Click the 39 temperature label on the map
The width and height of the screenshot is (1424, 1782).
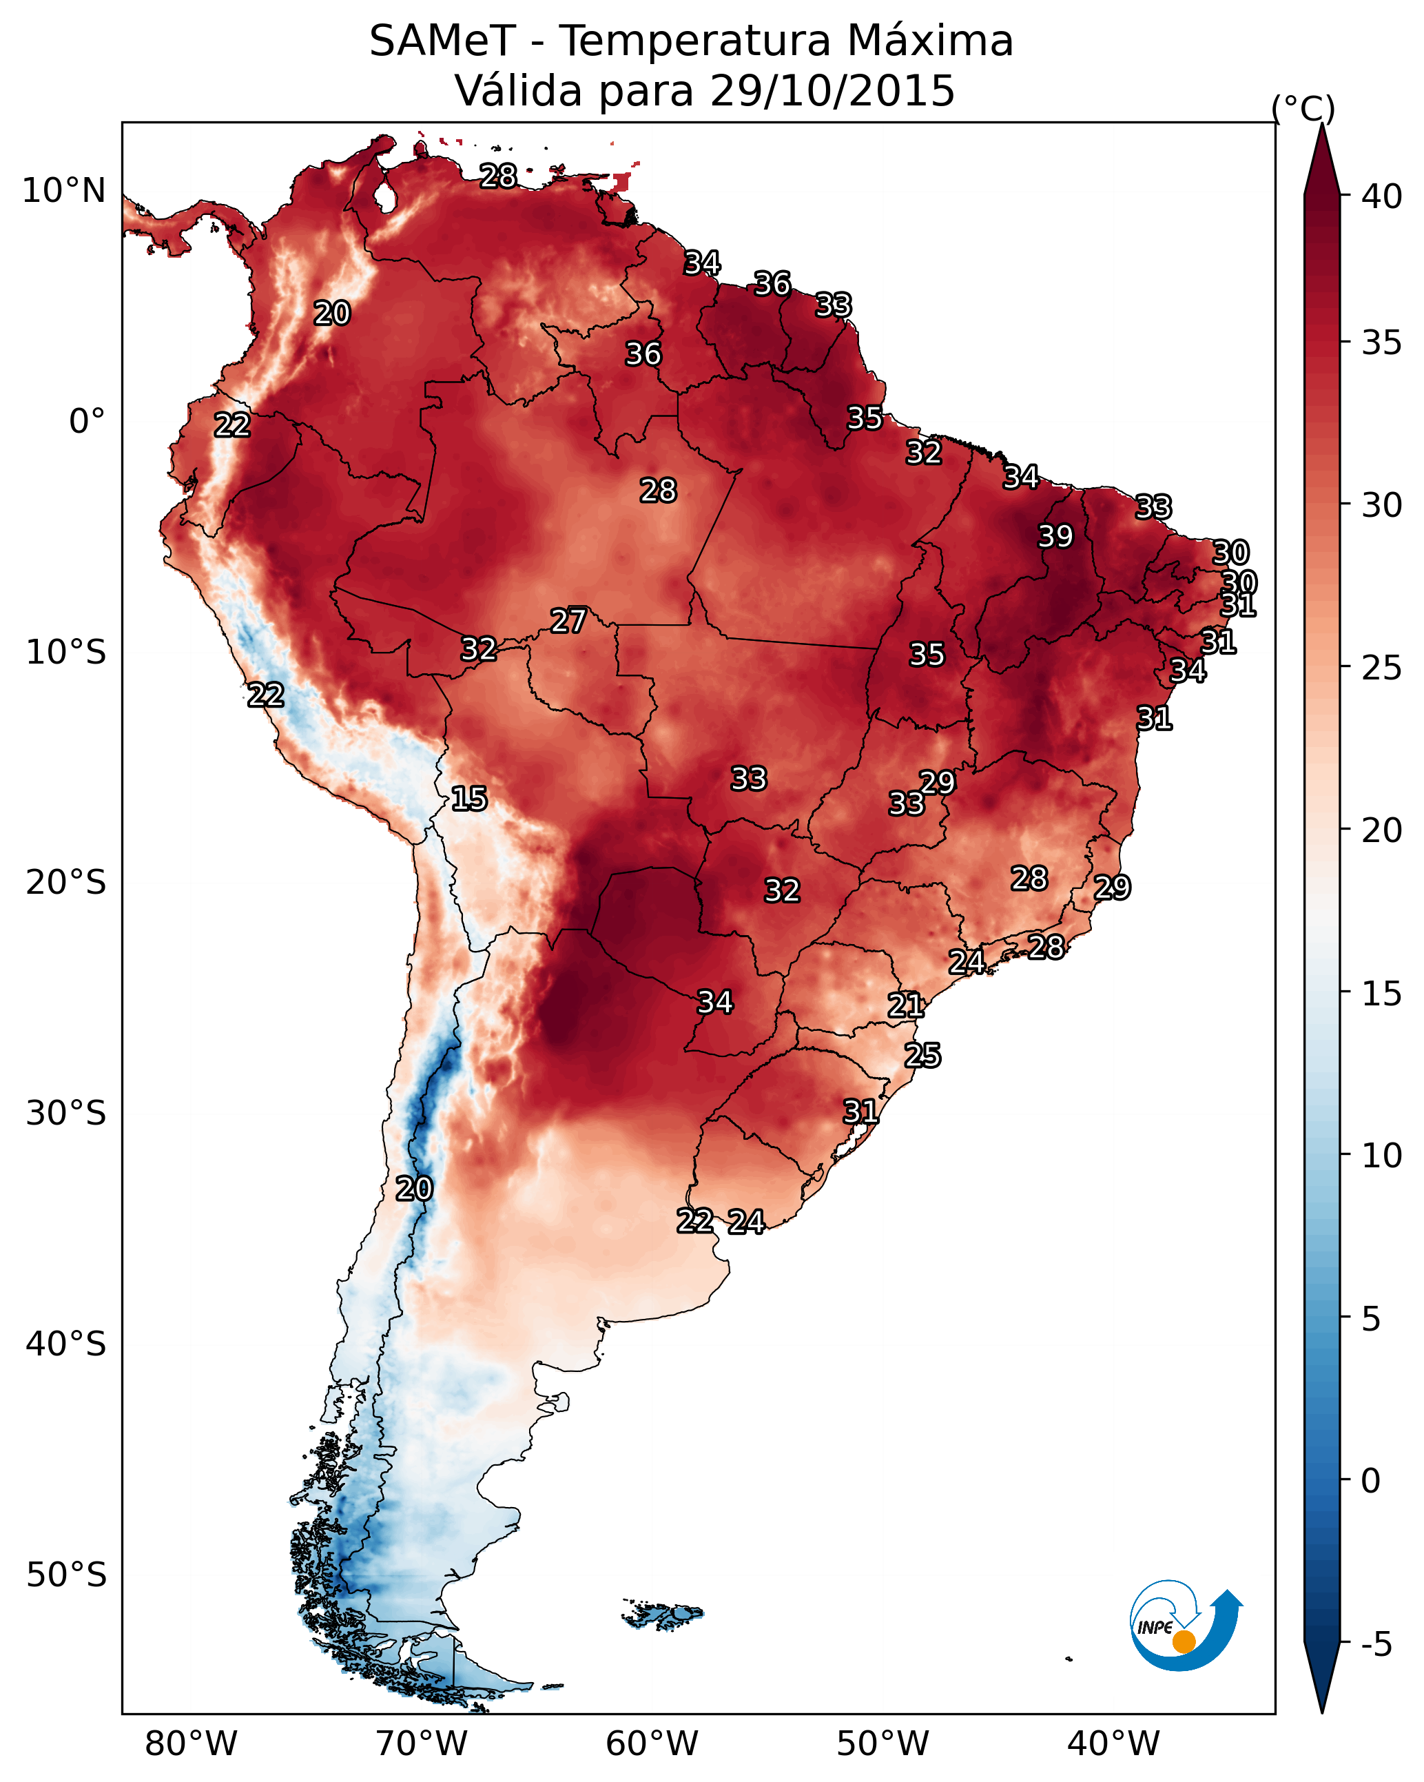click(1055, 536)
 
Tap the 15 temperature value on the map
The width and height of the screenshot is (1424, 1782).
click(469, 799)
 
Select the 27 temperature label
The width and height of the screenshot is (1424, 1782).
click(568, 621)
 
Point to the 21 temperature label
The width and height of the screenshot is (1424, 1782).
click(906, 1005)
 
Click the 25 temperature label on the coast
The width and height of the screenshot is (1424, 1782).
click(922, 1056)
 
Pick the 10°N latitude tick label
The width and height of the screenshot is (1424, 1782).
click(63, 191)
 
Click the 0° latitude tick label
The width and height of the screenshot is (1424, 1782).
click(87, 422)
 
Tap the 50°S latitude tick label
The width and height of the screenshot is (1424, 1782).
click(66, 1575)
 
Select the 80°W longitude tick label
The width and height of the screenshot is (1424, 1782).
click(191, 1744)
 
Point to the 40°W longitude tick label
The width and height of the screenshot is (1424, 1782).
click(1113, 1744)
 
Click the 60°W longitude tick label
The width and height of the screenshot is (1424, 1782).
click(652, 1744)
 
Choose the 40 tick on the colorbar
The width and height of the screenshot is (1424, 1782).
click(1382, 196)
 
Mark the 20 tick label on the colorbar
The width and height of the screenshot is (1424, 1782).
click(1382, 830)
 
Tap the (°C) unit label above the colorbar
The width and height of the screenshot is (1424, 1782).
click(1303, 108)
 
